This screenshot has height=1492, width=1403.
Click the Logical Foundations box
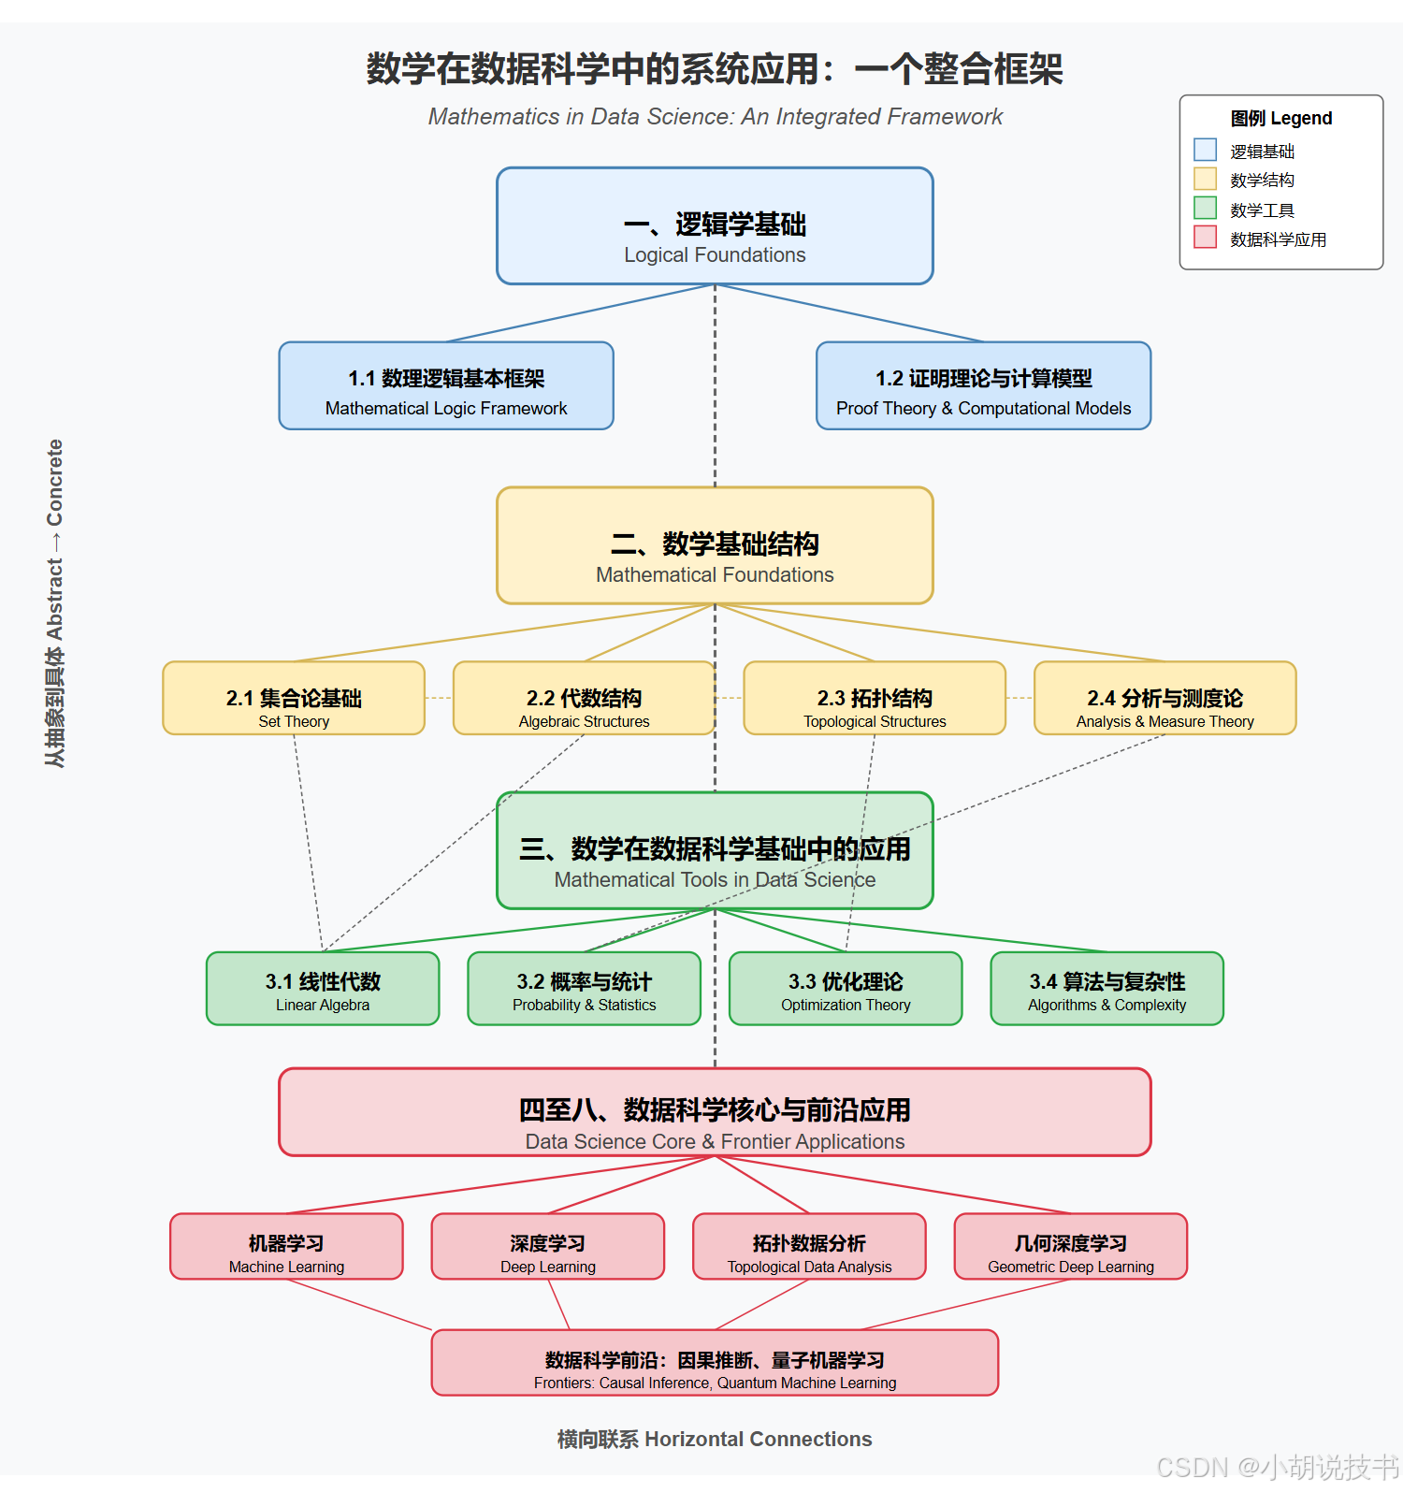[715, 226]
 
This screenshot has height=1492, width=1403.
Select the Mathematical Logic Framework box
[446, 386]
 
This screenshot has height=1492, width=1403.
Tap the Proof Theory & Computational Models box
[983, 386]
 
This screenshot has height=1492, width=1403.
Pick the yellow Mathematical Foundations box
[715, 545]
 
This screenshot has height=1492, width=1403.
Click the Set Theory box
[294, 699]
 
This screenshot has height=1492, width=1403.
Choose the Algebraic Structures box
[584, 699]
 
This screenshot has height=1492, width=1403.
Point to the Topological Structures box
[875, 699]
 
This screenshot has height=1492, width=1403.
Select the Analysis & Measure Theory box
[1164, 699]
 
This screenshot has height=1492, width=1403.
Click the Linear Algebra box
[323, 989]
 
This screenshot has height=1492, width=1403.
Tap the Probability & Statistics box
[584, 989]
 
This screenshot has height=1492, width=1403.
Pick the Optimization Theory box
[846, 989]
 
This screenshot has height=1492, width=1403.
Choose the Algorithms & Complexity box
[1106, 989]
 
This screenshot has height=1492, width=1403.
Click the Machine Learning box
[286, 1247]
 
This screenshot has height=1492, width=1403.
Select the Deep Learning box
[547, 1247]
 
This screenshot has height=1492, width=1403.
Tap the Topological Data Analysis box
[809, 1247]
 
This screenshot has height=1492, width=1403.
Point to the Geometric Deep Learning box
[1070, 1247]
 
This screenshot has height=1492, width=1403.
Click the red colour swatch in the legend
[1205, 238]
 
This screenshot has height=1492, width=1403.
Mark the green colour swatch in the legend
[1205, 209]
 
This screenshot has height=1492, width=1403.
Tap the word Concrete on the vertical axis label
[55, 483]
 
